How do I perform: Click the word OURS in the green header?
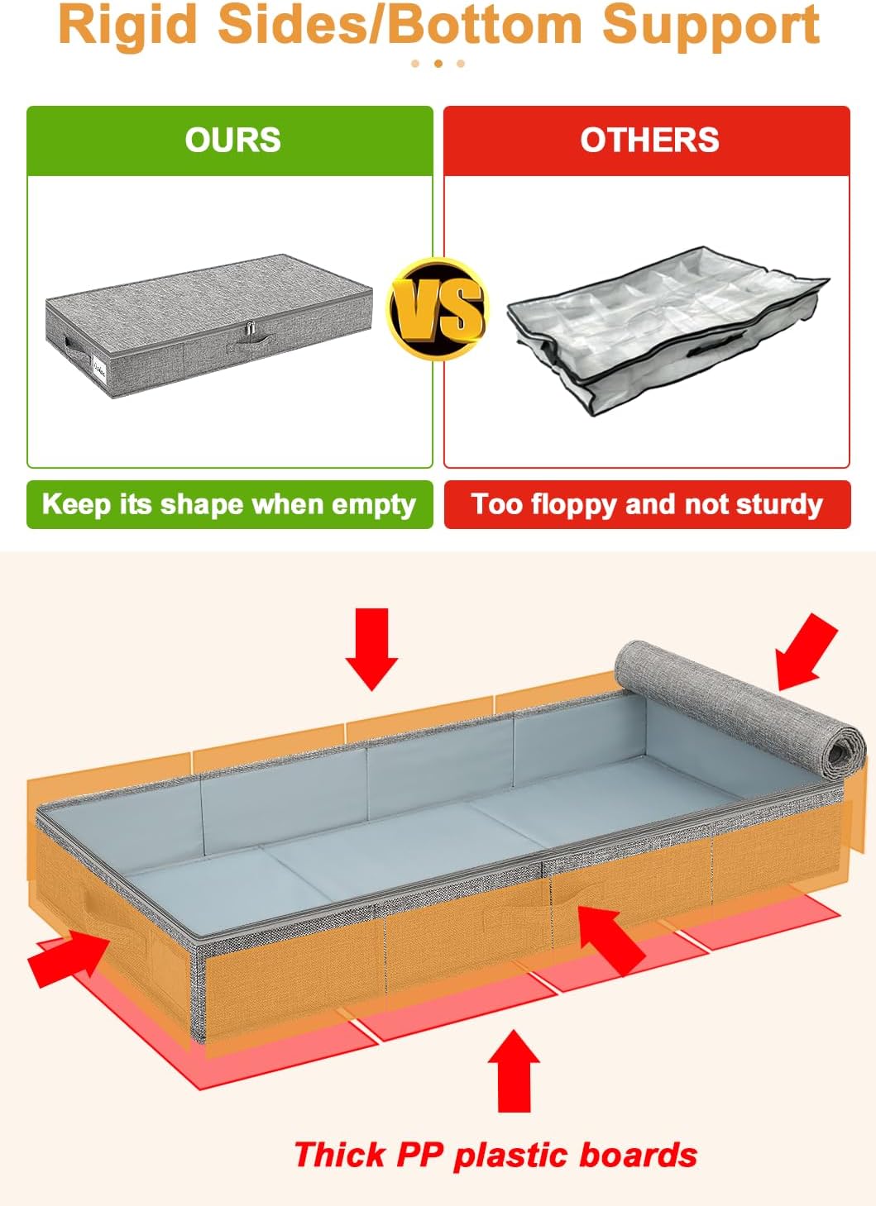[x=232, y=140]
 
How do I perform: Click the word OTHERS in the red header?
[x=649, y=140]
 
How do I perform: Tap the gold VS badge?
[x=438, y=308]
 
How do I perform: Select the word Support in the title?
[x=711, y=25]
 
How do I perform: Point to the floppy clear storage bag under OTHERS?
[x=666, y=327]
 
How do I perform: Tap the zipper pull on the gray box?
[x=247, y=332]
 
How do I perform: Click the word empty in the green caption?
[x=373, y=504]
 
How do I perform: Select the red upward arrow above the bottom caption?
[x=514, y=1070]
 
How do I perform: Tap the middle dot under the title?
[x=438, y=63]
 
